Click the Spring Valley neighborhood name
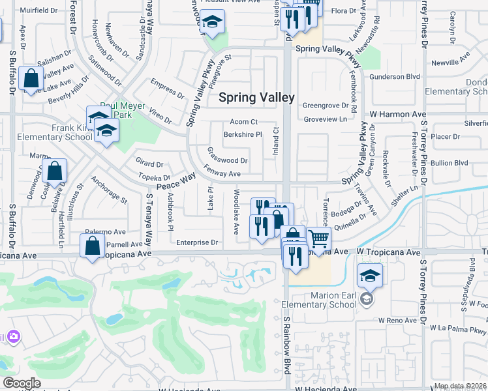click(x=256, y=98)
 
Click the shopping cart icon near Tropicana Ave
click(x=318, y=239)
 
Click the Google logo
click(x=21, y=383)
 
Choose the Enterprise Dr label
click(x=196, y=242)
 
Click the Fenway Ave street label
click(x=222, y=174)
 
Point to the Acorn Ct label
click(x=244, y=122)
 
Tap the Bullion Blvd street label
click(x=450, y=162)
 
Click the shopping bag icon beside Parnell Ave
click(x=92, y=246)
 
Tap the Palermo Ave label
click(x=106, y=231)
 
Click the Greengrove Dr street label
click(x=327, y=104)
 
